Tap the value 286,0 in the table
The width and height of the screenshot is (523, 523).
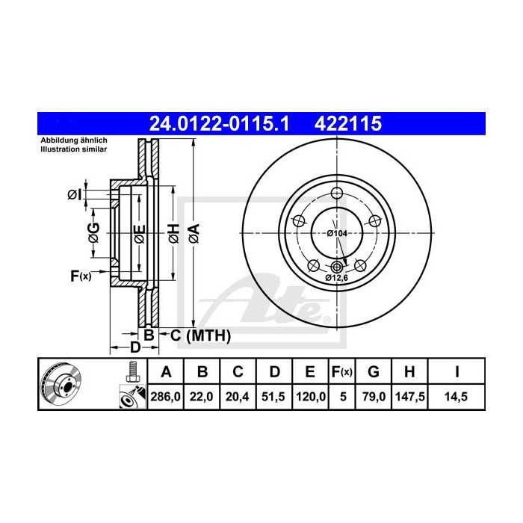(x=166, y=397)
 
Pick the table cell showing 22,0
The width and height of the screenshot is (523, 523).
(x=202, y=397)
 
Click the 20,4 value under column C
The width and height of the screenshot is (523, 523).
(x=238, y=397)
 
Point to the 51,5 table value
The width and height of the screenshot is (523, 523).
(x=273, y=397)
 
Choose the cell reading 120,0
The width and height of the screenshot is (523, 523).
(x=309, y=397)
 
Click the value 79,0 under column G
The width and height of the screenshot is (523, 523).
(x=374, y=397)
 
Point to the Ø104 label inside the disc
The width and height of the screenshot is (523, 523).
(x=337, y=233)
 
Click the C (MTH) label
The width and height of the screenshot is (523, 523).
(x=197, y=335)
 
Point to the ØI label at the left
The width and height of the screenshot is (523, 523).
(x=74, y=195)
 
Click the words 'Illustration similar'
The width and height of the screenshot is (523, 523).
(x=74, y=149)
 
